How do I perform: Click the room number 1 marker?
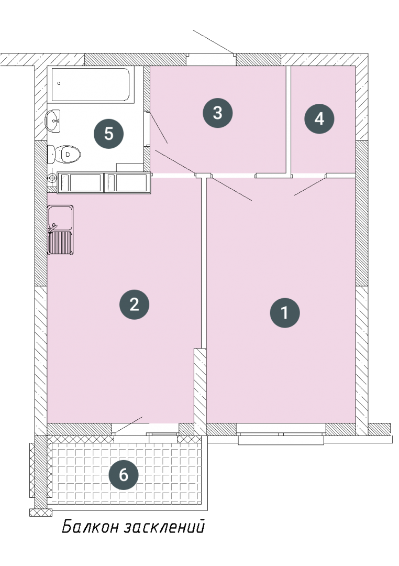tap(285, 312)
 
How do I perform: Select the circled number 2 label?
tap(134, 304)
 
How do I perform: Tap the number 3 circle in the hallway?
tap(217, 113)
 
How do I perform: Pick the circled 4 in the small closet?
tap(319, 119)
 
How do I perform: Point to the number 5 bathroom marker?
tap(108, 134)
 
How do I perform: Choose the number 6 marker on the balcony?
tap(124, 475)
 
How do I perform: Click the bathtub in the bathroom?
tap(91, 84)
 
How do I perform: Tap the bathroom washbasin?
tap(53, 121)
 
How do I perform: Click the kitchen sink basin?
tap(61, 217)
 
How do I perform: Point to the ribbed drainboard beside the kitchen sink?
tap(61, 243)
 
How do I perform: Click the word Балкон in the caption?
tap(90, 527)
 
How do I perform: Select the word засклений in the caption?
tap(164, 527)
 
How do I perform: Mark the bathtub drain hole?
tap(59, 83)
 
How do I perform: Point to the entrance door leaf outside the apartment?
tap(213, 42)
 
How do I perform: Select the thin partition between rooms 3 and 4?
tap(289, 121)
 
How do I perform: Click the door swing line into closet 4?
tap(310, 187)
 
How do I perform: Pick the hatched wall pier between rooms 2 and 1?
tap(200, 391)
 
